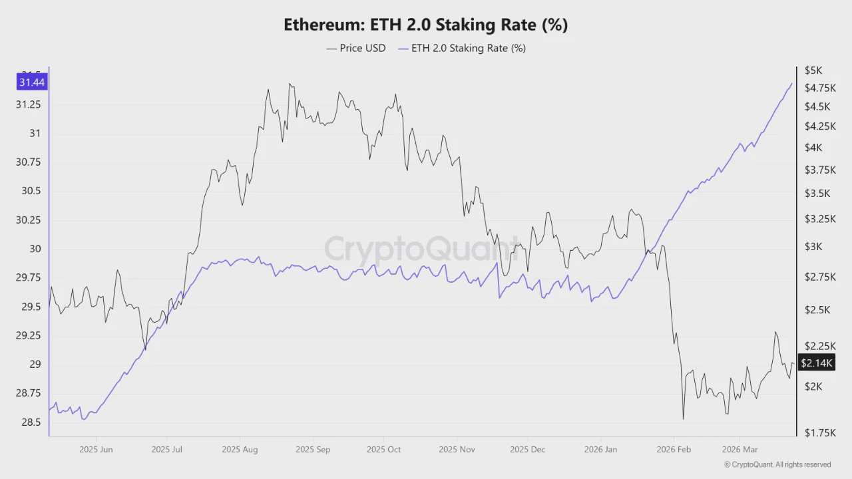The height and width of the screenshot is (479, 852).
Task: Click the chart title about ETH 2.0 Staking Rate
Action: pos(425,25)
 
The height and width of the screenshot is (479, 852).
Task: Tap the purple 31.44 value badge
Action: pos(32,82)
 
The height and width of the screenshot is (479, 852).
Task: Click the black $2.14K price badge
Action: pos(816,363)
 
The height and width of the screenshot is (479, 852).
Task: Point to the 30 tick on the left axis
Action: pos(35,249)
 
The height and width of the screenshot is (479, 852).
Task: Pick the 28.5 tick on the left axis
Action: pos(31,422)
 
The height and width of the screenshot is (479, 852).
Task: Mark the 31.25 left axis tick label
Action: pos(28,105)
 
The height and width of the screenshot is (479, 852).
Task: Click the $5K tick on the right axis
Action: pos(813,70)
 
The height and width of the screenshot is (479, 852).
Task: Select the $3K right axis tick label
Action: pos(813,247)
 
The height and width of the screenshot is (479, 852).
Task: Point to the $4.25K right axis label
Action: pos(819,126)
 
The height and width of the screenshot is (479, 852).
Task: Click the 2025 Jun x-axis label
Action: pos(96,450)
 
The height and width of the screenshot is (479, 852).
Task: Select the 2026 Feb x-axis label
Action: pos(674,450)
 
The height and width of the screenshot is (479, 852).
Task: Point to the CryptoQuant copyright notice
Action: pos(777,465)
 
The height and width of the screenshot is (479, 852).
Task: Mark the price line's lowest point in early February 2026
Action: pos(684,419)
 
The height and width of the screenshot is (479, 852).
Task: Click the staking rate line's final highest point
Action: pos(791,84)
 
